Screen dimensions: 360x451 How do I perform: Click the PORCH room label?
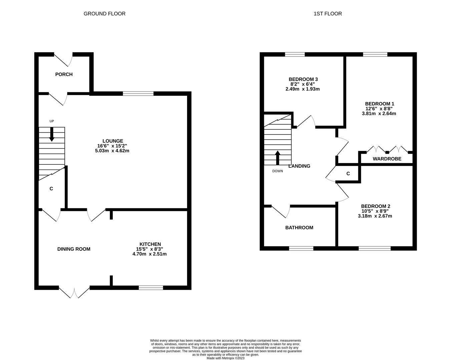pyautogui.click(x=64, y=74)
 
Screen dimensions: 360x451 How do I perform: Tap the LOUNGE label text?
pyautogui.click(x=113, y=141)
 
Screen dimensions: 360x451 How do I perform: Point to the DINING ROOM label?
pyautogui.click(x=74, y=249)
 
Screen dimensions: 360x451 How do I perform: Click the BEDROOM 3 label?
pyautogui.click(x=303, y=79)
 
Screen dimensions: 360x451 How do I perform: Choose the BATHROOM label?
pyautogui.click(x=299, y=228)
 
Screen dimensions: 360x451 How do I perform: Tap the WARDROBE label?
pyautogui.click(x=387, y=159)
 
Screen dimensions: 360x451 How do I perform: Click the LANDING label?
pyautogui.click(x=299, y=166)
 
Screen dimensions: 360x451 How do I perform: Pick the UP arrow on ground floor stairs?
pyautogui.click(x=52, y=135)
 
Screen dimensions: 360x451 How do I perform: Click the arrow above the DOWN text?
pyautogui.click(x=278, y=158)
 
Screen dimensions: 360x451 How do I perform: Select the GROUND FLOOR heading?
pyautogui.click(x=104, y=14)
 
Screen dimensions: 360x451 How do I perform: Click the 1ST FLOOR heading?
pyautogui.click(x=328, y=14)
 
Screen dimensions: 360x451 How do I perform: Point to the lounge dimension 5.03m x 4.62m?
pyautogui.click(x=112, y=151)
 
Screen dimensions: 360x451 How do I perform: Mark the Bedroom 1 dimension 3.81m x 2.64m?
pyautogui.click(x=379, y=113)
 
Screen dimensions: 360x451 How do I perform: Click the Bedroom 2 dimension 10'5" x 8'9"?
pyautogui.click(x=375, y=211)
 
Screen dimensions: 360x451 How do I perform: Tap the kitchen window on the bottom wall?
pyautogui.click(x=151, y=288)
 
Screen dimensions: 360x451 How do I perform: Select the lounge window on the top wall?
pyautogui.click(x=138, y=94)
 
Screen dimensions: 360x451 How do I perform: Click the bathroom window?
pyautogui.click(x=301, y=248)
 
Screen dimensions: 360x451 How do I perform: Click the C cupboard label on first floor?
pyautogui.click(x=348, y=174)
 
